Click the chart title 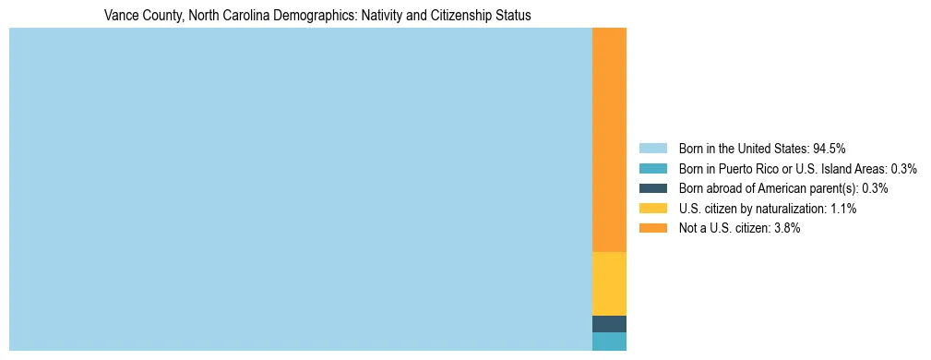tap(317, 16)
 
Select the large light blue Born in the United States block tap(300, 189)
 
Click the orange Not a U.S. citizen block tap(609, 139)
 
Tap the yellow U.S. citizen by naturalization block tap(609, 283)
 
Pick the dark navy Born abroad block tap(609, 324)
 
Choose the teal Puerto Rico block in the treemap tap(609, 342)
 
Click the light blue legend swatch tap(652, 148)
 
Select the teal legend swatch tap(652, 168)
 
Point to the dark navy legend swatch tap(652, 188)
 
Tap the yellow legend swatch tap(652, 209)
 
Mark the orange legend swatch tap(652, 228)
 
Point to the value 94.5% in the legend tap(830, 148)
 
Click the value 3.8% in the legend tap(786, 228)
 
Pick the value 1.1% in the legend tap(842, 209)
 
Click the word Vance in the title tap(120, 16)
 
